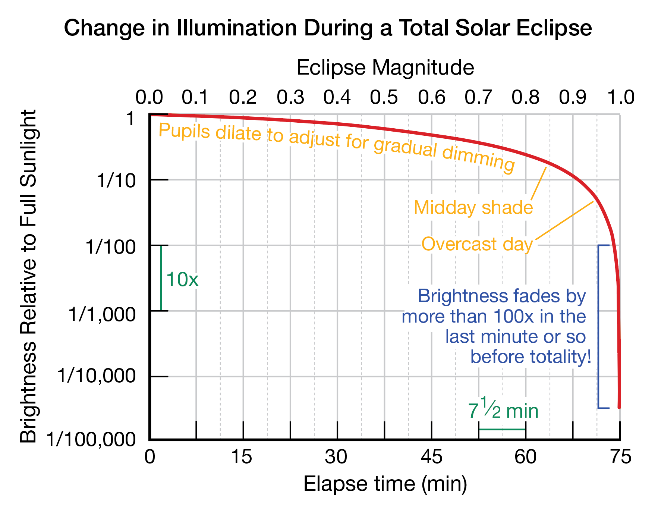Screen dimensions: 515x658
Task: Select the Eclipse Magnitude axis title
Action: pyautogui.click(x=385, y=68)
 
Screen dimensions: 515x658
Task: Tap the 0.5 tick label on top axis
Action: pyautogui.click(x=384, y=97)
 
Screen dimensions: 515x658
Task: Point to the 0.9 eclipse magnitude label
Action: pyautogui.click(x=573, y=97)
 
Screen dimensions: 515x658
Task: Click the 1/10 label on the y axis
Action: pyautogui.click(x=116, y=181)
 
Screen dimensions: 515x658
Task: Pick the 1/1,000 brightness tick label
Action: pyautogui.click(x=102, y=314)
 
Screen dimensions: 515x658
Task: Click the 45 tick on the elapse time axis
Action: pyautogui.click(x=431, y=457)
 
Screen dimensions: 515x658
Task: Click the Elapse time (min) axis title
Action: pyautogui.click(x=385, y=484)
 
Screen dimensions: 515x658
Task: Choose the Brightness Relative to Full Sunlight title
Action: pyautogui.click(x=29, y=276)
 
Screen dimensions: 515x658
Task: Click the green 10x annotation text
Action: pyautogui.click(x=182, y=279)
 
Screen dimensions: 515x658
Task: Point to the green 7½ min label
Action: pyautogui.click(x=503, y=410)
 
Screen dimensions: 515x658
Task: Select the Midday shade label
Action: pyautogui.click(x=473, y=207)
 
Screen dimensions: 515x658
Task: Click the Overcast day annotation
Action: pyautogui.click(x=477, y=244)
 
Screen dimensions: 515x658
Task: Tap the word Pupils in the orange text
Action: pyautogui.click(x=184, y=131)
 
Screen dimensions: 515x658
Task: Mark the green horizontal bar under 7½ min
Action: pyautogui.click(x=502, y=429)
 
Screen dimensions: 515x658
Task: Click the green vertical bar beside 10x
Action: pyautogui.click(x=161, y=278)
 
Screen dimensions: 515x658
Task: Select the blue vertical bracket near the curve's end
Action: pyautogui.click(x=598, y=326)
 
